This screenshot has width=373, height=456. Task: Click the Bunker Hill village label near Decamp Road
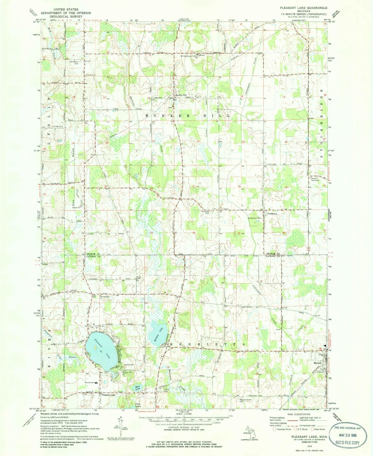181,95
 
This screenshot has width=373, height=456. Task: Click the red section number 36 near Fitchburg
284,233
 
